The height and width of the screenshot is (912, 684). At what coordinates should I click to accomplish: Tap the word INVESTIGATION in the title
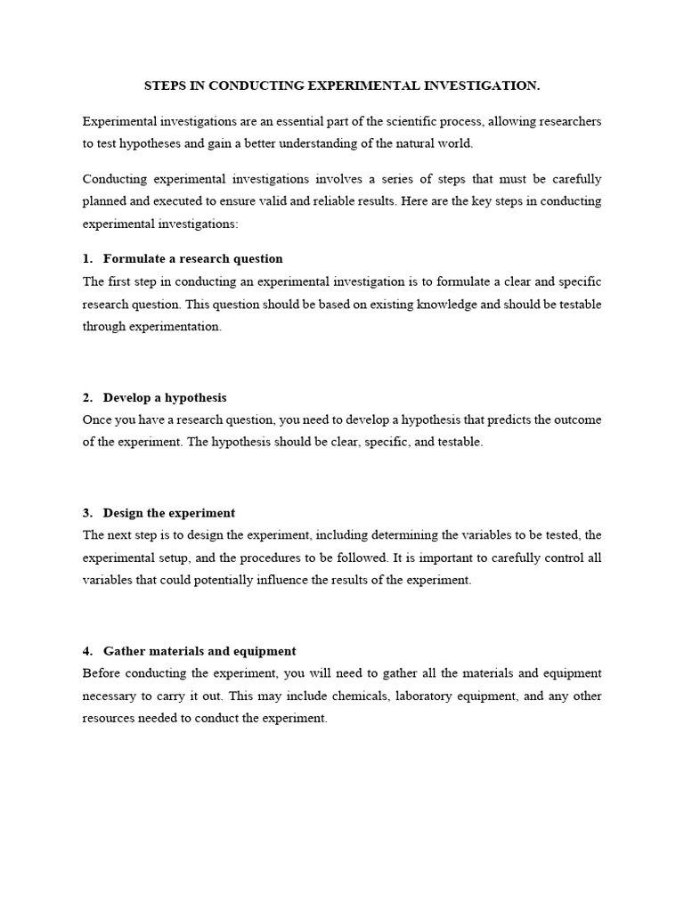[x=482, y=85]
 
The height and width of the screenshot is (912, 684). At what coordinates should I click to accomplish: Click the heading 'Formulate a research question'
[x=192, y=258]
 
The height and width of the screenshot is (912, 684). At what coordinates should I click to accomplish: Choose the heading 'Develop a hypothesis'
[x=165, y=397]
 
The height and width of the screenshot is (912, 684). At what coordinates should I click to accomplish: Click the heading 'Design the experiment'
[x=169, y=513]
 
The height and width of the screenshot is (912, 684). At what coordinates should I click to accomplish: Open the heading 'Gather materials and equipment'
[x=199, y=651]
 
